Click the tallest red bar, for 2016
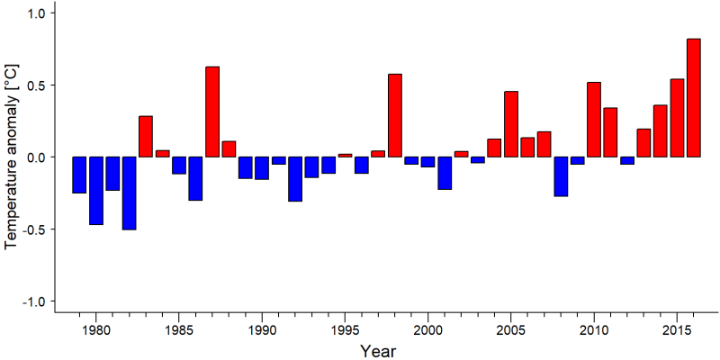coord(693,98)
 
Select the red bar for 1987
coord(212,112)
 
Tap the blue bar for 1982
coord(129,193)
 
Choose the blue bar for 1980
coord(96,191)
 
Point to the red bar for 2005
coord(511,124)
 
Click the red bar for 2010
coord(594,120)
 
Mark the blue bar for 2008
coord(561,176)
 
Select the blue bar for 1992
coord(295,179)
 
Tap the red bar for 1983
coord(146,137)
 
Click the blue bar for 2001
coord(445,173)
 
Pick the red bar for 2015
coord(677,118)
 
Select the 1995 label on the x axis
coord(345,330)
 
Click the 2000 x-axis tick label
coord(428,330)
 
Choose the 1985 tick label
coord(178,330)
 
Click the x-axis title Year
coord(377,351)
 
